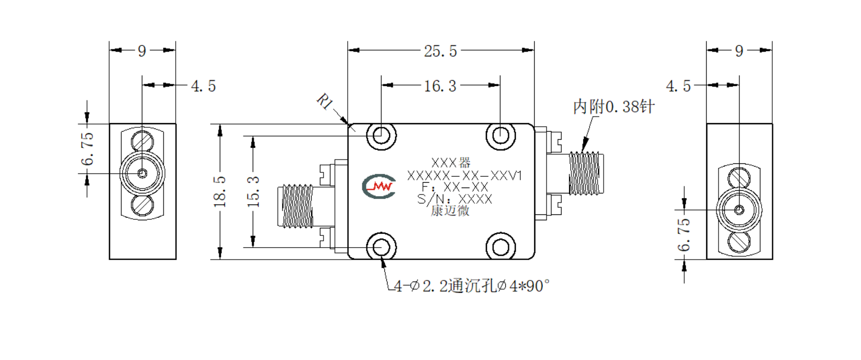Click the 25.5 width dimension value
coord(441,51)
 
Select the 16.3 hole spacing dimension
coord(440,86)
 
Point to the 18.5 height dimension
coord(220,191)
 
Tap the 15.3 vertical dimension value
coord(253,191)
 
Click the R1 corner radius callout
coord(325,102)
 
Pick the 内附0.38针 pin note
coord(613,106)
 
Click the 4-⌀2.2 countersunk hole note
coord(472,286)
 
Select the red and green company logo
coord(379,186)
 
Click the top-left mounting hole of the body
coord(381,135)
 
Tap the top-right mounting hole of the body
coord(500,135)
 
